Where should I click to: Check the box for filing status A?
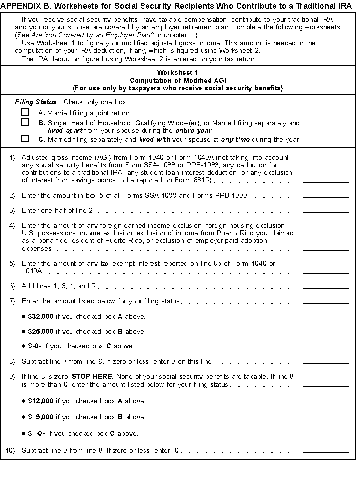25,112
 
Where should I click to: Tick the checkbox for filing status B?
25,122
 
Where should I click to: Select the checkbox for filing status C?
25,139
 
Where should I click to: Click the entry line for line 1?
325,181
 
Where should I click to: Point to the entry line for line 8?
325,362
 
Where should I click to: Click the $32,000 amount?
41,316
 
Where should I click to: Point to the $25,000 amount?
41,331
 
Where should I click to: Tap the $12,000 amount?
41,401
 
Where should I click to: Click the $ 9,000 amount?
41,417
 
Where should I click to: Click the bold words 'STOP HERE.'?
93,376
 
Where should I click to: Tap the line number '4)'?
12,226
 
